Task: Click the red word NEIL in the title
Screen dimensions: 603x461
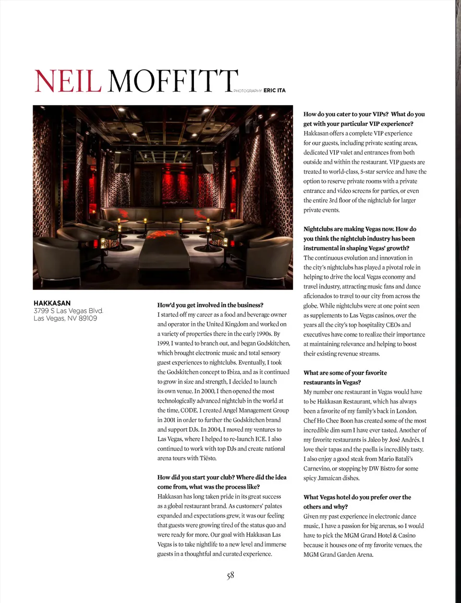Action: coord(68,81)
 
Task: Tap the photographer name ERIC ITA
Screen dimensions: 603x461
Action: coord(274,90)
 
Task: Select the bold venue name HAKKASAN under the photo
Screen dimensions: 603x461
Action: coord(52,303)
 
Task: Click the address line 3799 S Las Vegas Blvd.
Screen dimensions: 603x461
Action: coord(68,311)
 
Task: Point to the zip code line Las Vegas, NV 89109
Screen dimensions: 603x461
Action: coord(65,318)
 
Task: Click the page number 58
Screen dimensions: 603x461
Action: coord(230,575)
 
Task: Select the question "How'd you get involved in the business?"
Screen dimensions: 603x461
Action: coord(210,305)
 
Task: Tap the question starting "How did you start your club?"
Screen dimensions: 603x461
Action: coord(222,482)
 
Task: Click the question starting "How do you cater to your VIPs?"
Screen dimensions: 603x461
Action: coord(364,119)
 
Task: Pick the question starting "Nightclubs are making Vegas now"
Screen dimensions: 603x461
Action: coord(360,239)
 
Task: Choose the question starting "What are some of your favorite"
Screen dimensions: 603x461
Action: coord(345,377)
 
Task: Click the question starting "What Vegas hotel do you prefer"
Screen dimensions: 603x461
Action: coord(357,502)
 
